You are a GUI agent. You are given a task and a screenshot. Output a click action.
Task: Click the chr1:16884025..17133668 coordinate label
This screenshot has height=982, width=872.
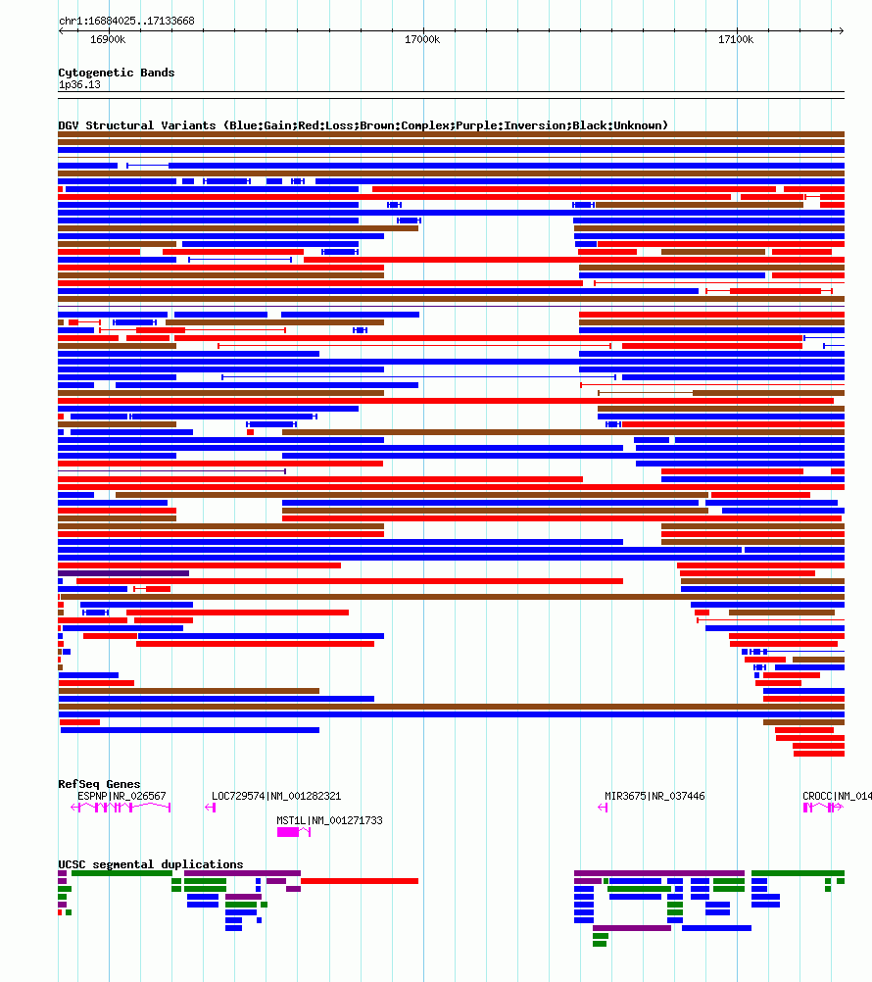point(126,21)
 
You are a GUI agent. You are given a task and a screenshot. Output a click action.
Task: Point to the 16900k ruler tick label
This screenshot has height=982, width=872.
point(108,39)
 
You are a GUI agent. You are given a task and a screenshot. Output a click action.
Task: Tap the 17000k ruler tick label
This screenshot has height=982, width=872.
point(422,39)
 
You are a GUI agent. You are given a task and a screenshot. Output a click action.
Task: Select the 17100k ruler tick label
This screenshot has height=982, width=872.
point(736,39)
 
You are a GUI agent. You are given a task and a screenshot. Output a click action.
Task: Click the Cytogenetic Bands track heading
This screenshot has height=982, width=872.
point(116,73)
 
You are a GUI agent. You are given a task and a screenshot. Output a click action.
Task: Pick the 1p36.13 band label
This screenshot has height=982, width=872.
point(79,84)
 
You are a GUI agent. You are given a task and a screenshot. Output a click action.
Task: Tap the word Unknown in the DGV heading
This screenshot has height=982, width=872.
point(639,125)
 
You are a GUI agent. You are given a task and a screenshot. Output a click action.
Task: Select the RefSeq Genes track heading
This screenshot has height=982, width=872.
point(99,784)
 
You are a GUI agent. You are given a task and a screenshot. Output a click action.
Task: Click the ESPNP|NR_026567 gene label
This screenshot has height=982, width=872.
point(121,796)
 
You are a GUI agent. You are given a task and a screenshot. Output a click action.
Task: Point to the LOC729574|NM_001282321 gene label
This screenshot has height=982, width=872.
point(276,796)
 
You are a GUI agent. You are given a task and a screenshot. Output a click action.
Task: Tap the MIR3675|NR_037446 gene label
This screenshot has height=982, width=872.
point(654,796)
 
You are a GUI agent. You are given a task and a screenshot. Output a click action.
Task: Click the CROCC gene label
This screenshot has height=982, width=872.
point(817,796)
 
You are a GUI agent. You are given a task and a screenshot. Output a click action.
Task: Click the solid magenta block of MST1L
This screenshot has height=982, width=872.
point(288,832)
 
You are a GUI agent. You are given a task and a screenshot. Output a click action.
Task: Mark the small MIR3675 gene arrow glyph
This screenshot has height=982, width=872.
point(603,808)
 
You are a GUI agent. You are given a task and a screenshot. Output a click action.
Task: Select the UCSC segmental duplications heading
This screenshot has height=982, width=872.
point(151,864)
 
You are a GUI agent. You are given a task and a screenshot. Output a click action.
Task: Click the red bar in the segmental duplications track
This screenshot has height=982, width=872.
point(359,881)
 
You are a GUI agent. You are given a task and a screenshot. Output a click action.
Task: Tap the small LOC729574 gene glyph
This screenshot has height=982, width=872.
point(210,808)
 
